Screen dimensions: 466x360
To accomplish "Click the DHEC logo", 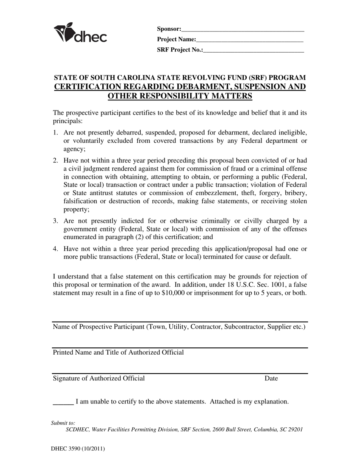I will pos(80,33).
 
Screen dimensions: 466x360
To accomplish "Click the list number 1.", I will pos(55,133).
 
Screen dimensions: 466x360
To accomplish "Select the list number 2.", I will pos(55,160).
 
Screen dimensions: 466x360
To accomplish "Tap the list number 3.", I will pos(55,221).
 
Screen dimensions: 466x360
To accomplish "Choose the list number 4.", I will pos(55,249).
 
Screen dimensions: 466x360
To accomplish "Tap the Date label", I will pos(271,378).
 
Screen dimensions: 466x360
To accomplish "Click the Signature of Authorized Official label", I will pos(99,378).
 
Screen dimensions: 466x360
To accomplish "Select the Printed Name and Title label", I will pos(118,352).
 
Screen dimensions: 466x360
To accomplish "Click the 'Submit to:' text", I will pos(63,423).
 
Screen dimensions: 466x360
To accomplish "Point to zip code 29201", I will pos(294,430).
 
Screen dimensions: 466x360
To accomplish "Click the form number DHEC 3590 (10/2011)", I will pos(78,449).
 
